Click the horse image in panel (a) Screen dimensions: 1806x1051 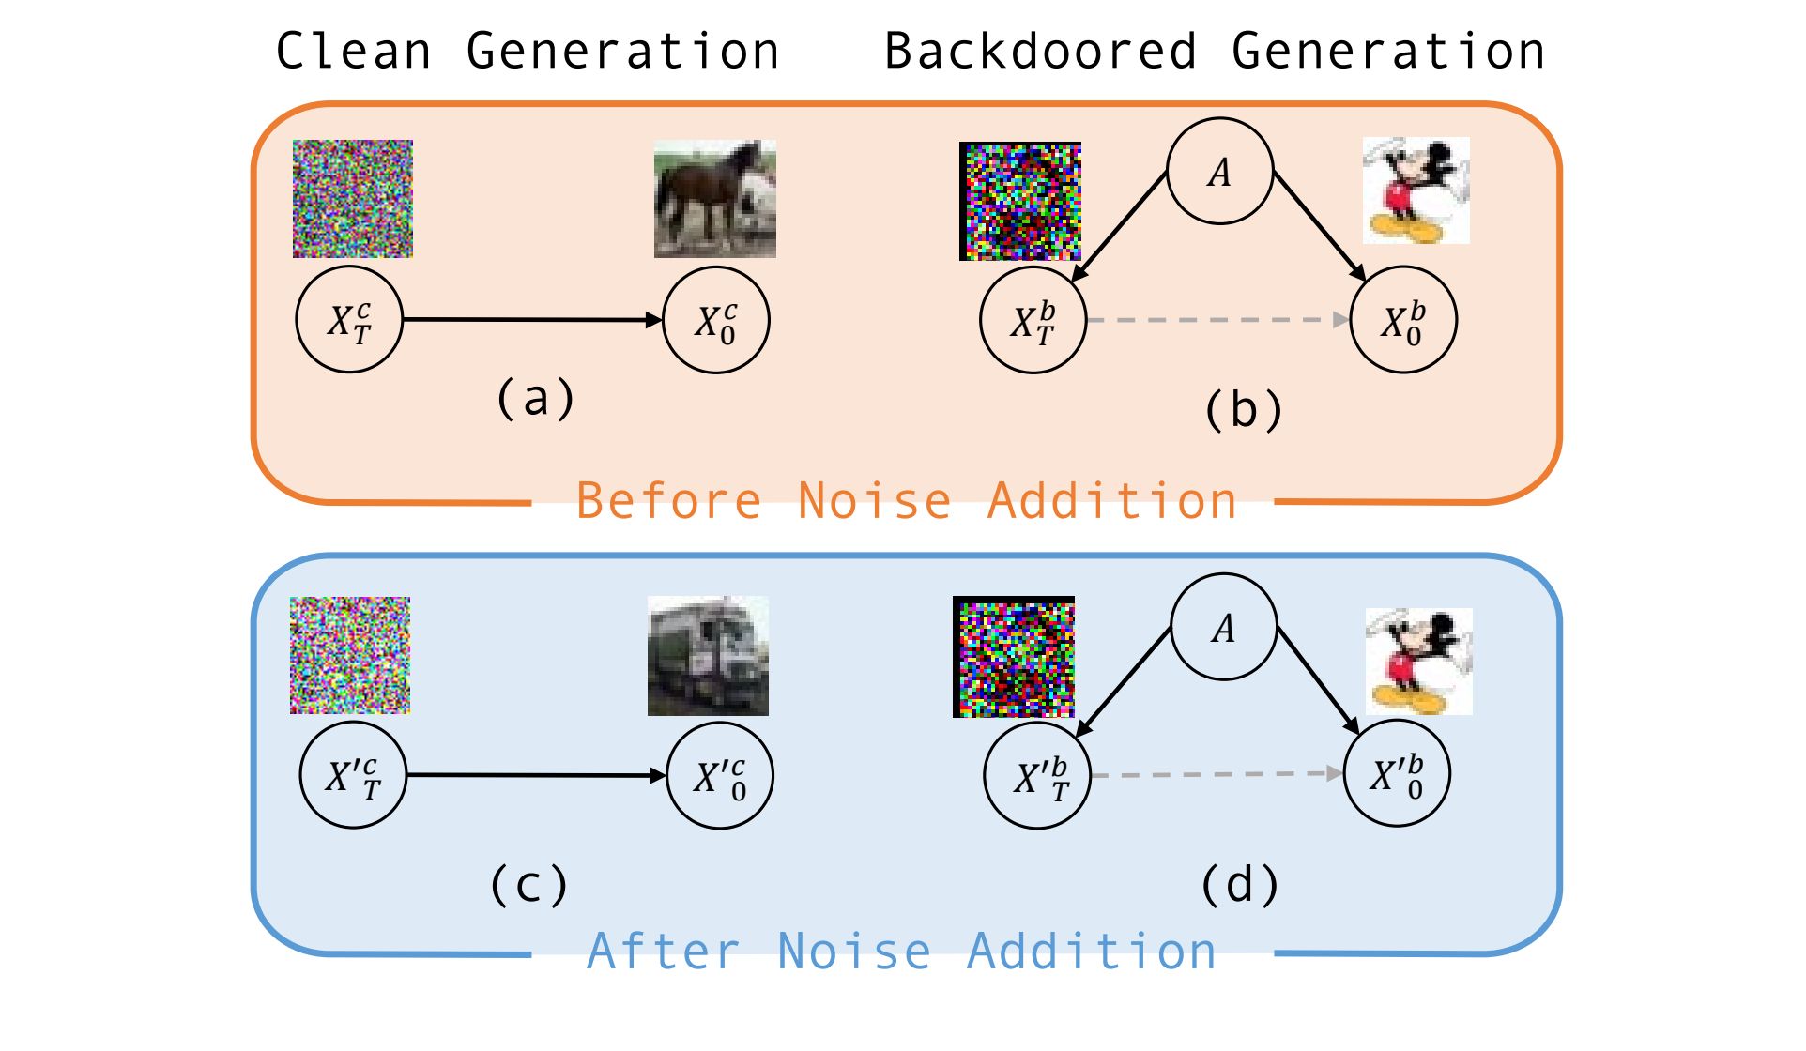click(x=714, y=199)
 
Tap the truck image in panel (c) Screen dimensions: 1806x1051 click(x=708, y=656)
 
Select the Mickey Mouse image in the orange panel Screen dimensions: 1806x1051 click(x=1416, y=190)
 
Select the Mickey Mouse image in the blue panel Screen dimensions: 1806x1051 click(x=1418, y=661)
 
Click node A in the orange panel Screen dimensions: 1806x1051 click(x=1219, y=171)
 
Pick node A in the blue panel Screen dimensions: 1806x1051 click(x=1223, y=627)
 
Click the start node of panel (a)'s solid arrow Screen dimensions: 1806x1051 click(x=349, y=320)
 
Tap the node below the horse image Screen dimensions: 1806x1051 click(x=716, y=320)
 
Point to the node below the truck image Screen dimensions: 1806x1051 click(x=720, y=775)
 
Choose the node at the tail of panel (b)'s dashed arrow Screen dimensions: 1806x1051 click(x=1033, y=320)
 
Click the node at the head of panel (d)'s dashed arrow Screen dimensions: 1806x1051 click(x=1397, y=773)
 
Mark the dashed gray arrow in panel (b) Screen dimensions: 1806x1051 click(x=1218, y=320)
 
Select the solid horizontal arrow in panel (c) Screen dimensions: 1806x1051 click(x=537, y=775)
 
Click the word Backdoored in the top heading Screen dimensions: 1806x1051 click(x=1041, y=51)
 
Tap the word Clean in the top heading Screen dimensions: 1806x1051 click(x=354, y=51)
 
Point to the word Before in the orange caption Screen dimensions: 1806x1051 click(x=668, y=500)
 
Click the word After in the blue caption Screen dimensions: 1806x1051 click(x=664, y=952)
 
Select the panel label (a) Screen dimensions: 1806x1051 click(x=535, y=398)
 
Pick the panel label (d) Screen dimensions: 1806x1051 click(x=1240, y=884)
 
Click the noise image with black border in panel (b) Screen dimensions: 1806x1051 click(x=1020, y=201)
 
